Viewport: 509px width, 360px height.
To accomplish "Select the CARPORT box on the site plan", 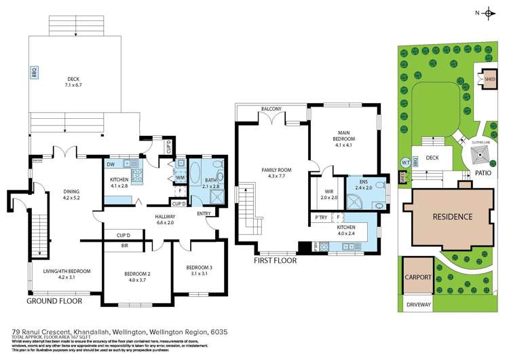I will coord(417,277).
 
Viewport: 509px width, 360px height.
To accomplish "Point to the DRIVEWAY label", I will coord(417,305).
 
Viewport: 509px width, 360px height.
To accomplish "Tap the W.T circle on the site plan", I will coord(407,162).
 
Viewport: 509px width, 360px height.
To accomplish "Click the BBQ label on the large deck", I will coord(32,72).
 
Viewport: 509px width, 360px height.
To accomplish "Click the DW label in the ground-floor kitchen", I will coord(111,164).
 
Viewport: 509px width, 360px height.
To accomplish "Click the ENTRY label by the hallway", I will coord(204,214).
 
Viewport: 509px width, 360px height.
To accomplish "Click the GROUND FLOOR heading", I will coord(54,300).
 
